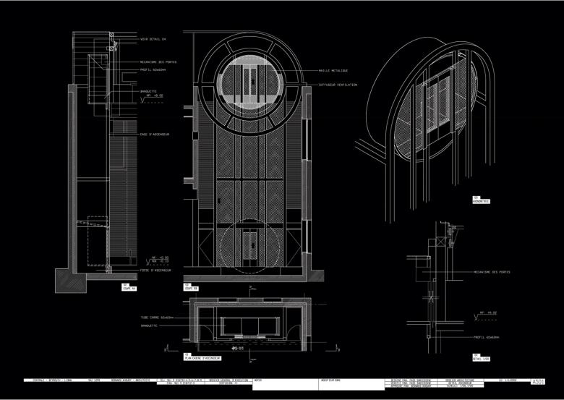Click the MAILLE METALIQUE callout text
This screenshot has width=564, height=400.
tap(333, 71)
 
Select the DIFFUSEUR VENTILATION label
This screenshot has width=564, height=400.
tap(338, 85)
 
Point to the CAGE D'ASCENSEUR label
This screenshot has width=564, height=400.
tap(155, 134)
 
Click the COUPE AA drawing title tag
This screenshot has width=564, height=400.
tap(129, 287)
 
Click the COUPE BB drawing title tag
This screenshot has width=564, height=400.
tap(192, 286)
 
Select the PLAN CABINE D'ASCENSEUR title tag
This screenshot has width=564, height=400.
tap(200, 358)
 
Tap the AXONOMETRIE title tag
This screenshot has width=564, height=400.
tap(482, 200)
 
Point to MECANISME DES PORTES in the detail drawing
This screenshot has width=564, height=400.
tap(492, 272)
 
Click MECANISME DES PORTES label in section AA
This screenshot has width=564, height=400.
tap(159, 62)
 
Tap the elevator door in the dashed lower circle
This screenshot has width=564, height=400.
tap(249, 246)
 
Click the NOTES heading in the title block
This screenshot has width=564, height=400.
tap(259, 378)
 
